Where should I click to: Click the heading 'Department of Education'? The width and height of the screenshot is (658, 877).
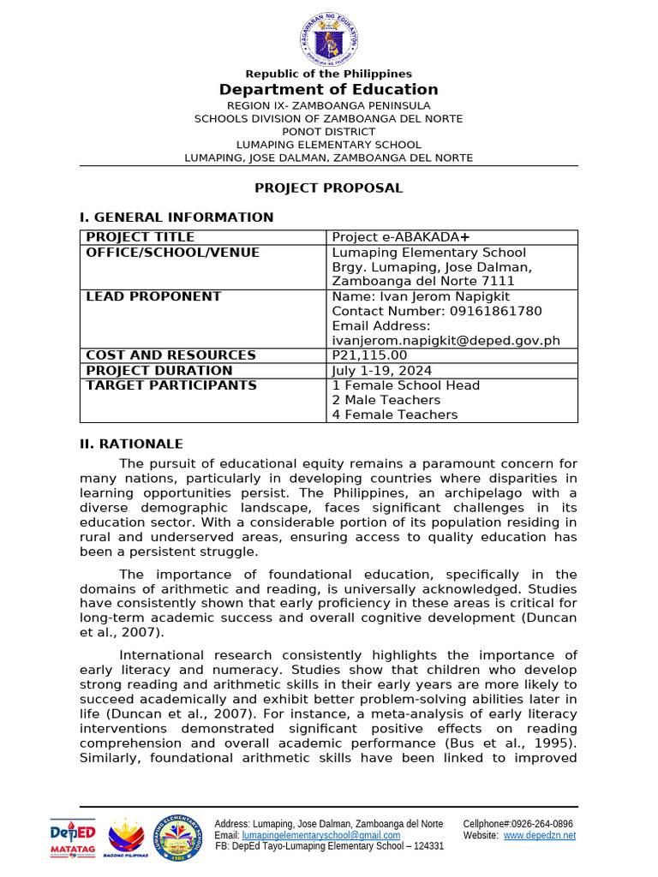(329, 90)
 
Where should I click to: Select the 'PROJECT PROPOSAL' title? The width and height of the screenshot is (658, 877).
(329, 188)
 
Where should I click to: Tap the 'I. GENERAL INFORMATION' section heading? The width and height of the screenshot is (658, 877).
(176, 218)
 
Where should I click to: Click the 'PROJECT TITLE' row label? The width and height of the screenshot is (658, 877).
(141, 237)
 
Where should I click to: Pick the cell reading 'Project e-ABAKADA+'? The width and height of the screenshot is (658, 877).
(400, 237)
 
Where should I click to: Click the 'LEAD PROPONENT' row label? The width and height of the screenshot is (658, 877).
(153, 296)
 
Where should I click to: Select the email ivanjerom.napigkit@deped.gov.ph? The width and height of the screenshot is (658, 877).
(446, 340)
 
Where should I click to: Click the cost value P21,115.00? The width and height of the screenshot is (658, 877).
(369, 355)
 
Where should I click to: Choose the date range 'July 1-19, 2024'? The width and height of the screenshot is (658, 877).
(382, 371)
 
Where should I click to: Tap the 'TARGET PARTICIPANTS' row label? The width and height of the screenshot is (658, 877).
(170, 385)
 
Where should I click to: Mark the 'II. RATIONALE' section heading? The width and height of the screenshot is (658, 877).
(131, 444)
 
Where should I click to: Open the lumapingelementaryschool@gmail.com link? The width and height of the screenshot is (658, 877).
(321, 835)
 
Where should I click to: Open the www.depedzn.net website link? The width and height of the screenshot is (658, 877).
(539, 835)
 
